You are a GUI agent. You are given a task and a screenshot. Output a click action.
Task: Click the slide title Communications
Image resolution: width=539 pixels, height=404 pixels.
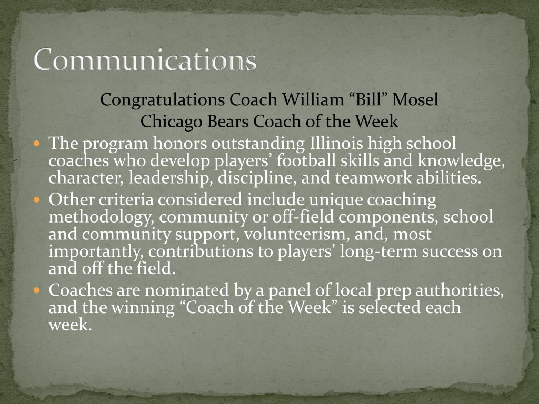145,59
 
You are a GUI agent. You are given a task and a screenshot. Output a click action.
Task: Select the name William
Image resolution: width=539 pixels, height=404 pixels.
313,99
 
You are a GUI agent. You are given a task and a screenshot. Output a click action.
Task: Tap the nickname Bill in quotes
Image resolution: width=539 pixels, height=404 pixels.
368,99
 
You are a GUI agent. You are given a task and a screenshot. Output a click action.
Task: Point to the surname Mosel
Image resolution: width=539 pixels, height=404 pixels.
415,99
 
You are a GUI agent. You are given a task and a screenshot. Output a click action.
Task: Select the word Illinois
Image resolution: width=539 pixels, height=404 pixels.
336,143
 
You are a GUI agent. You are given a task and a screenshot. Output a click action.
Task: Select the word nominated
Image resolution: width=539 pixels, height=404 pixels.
187,290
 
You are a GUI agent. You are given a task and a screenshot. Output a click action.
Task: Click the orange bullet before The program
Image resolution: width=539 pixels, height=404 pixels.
37,143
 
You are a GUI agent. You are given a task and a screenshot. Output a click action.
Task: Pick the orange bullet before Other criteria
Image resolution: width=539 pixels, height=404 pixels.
37,199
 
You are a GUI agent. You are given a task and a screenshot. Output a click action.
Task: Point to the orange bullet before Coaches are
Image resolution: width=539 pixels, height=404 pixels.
37,290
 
